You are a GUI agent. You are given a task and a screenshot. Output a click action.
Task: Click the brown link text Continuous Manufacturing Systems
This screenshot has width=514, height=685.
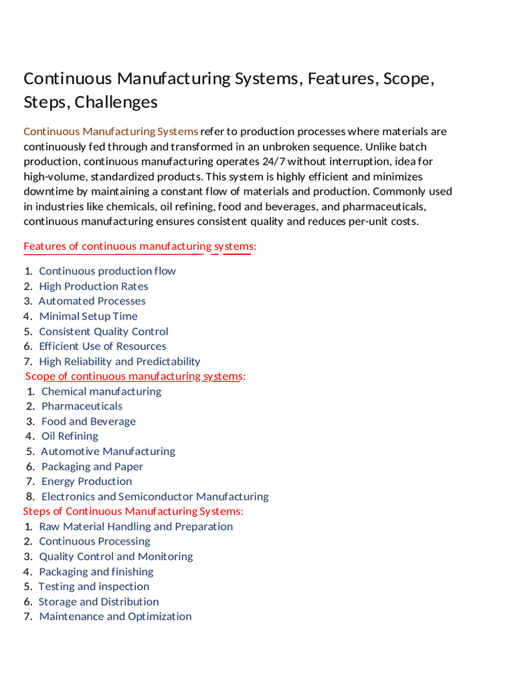coord(111,131)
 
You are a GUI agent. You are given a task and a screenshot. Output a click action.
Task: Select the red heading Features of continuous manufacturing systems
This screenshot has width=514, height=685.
coord(140,247)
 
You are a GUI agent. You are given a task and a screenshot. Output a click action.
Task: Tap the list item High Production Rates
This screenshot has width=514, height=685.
coord(94,286)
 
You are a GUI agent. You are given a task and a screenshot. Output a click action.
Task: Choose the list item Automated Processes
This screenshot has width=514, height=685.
coord(92,301)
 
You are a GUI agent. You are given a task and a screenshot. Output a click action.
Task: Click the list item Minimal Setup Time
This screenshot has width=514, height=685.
coord(88,316)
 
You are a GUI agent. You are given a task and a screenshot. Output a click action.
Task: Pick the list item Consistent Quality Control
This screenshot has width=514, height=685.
coord(104,332)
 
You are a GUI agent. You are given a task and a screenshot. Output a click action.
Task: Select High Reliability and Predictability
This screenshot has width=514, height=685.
coord(120,362)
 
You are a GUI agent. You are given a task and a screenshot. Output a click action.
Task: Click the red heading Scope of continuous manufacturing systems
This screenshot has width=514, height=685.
coord(135,377)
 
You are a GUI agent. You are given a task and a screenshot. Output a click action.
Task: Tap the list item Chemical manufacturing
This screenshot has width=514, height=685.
coord(101,391)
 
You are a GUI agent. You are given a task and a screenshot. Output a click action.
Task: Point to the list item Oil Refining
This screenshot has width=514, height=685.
coord(70,436)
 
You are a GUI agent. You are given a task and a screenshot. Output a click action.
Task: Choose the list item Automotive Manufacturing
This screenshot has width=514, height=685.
coord(108,452)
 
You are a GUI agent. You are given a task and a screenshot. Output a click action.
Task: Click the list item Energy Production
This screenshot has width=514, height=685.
coord(87,482)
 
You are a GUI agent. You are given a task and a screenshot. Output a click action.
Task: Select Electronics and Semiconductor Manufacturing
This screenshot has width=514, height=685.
coord(155,496)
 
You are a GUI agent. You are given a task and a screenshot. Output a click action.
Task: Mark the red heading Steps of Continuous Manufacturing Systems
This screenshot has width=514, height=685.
coord(133,512)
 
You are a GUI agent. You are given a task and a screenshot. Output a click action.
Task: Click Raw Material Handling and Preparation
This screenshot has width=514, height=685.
coord(136,526)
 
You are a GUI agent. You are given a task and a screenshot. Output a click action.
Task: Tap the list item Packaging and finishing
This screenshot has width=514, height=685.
coord(96,572)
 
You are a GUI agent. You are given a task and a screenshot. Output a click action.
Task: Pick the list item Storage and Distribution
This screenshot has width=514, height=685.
coord(99,602)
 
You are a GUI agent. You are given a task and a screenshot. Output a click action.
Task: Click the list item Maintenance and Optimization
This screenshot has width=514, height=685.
coord(115,617)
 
